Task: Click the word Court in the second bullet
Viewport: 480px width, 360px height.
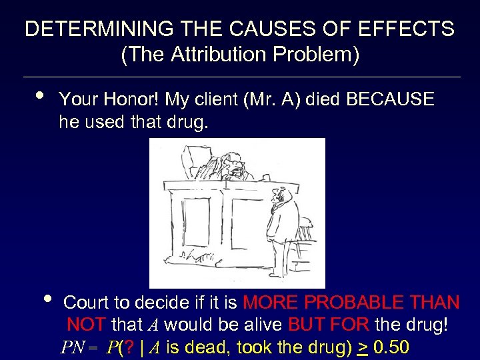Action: (x=90, y=303)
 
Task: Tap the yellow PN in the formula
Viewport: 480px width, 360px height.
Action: (x=71, y=348)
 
